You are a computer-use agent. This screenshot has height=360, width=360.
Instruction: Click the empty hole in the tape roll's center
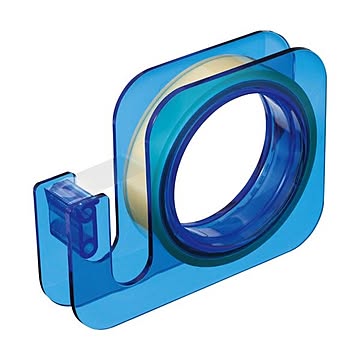coord(240,166)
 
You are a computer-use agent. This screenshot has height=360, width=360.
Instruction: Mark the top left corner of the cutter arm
coord(46,184)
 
